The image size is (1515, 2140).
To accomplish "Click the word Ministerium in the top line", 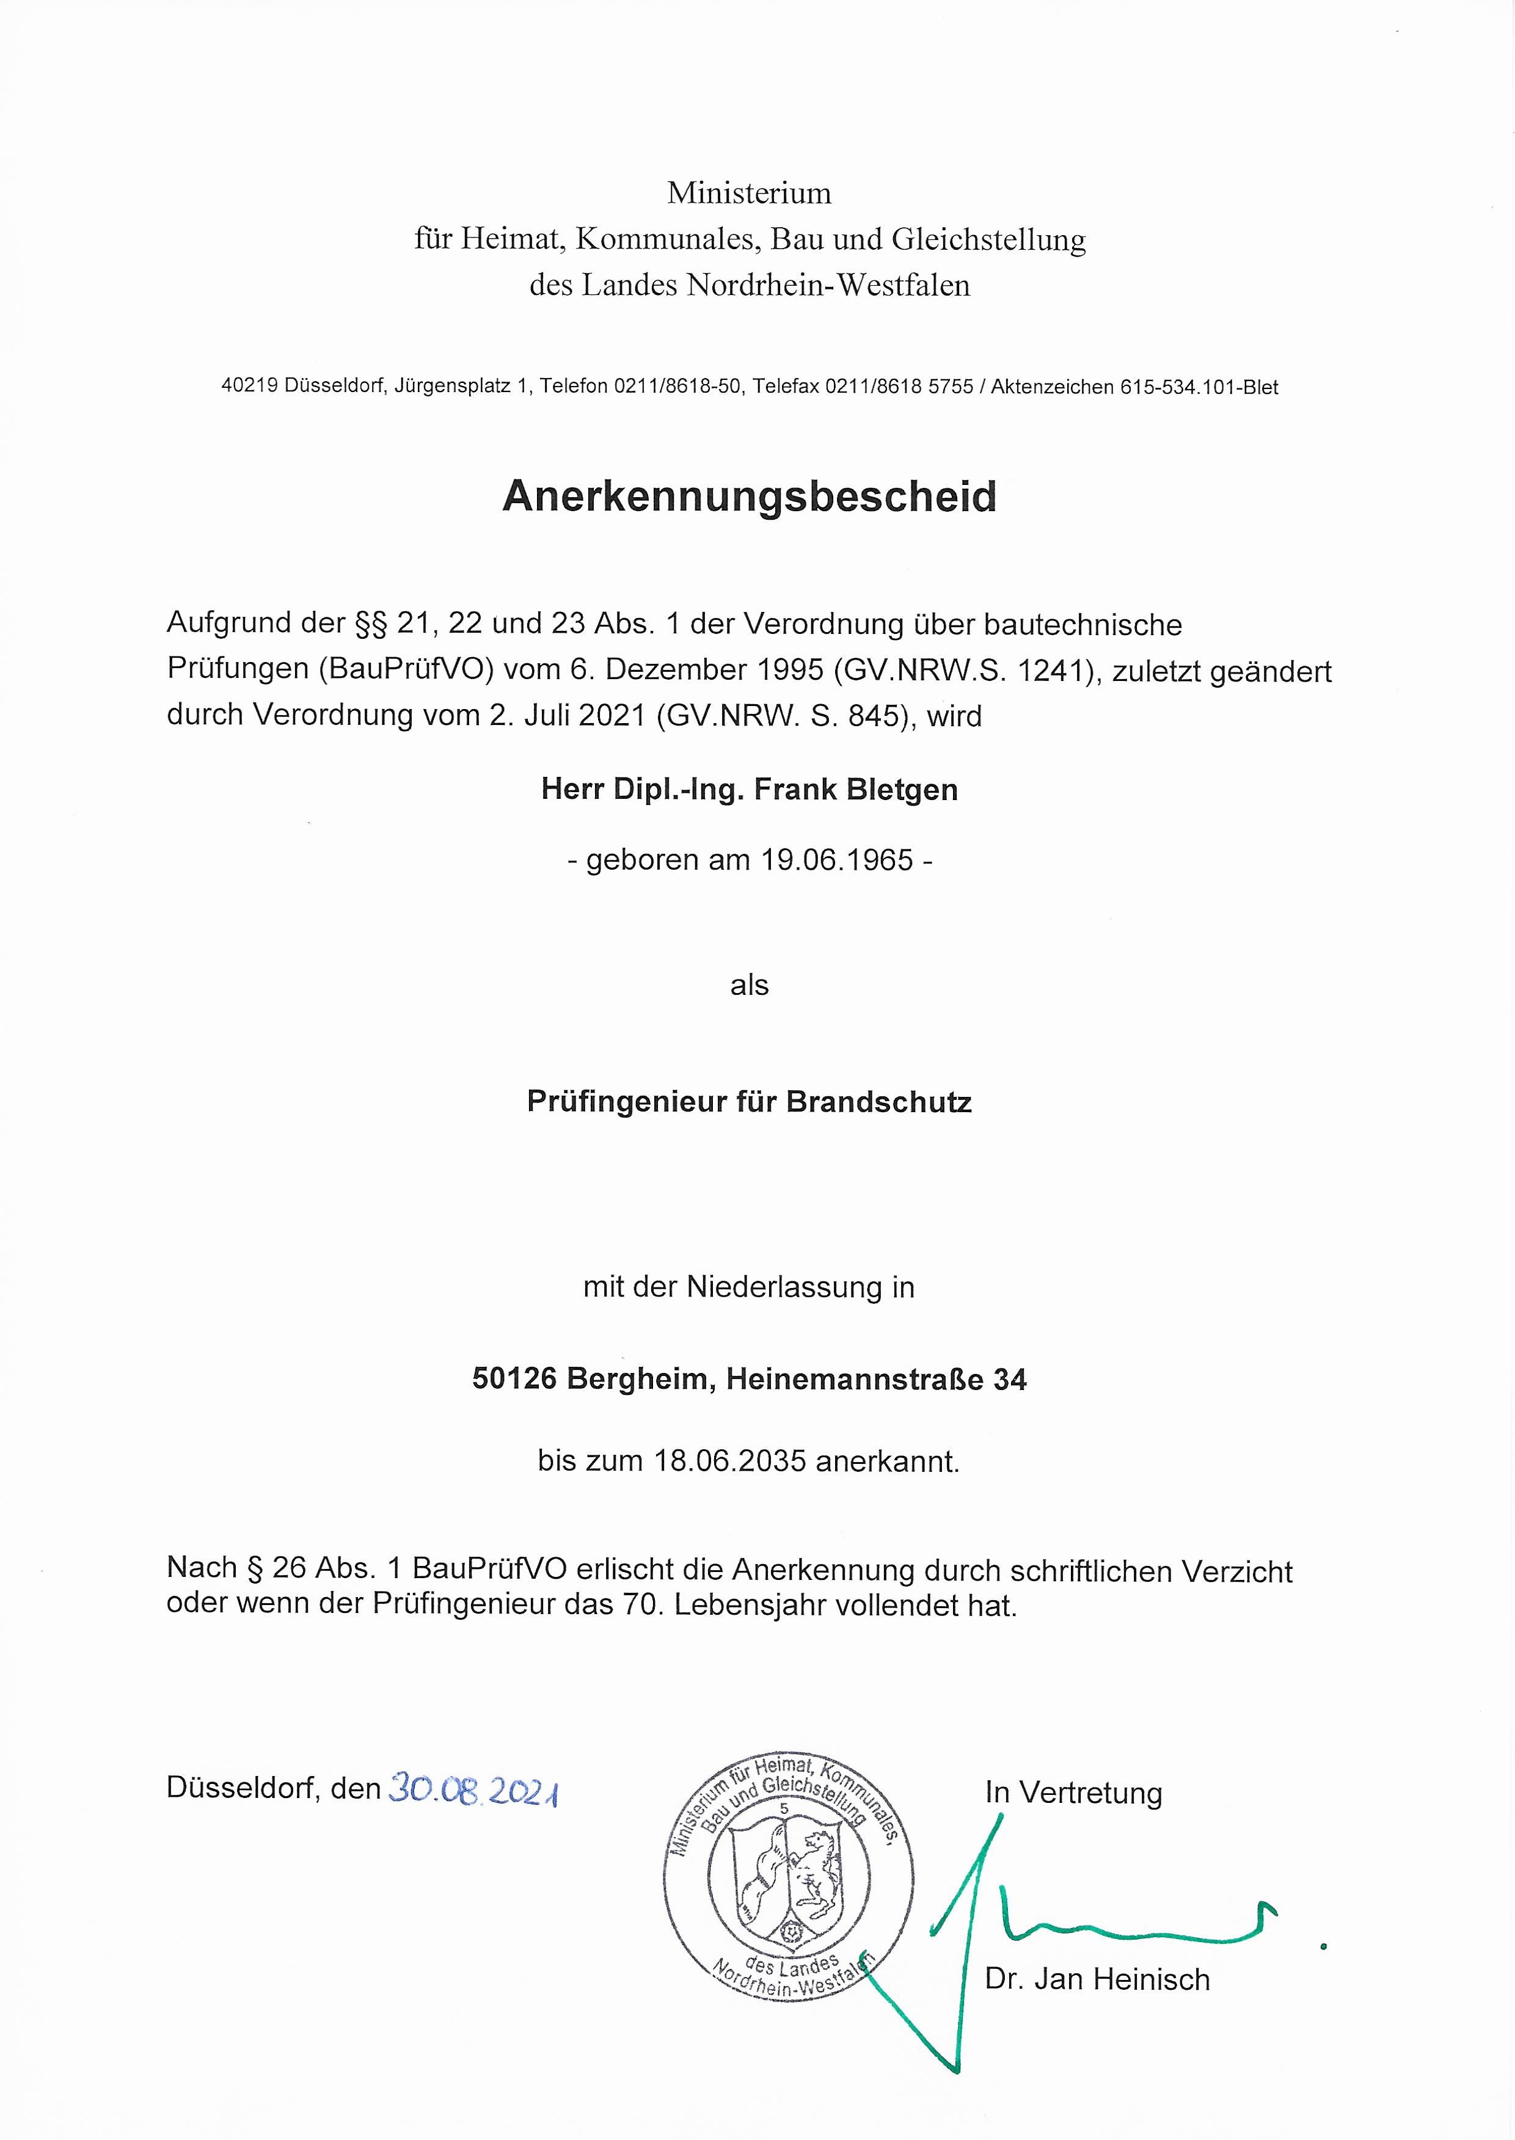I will coord(749,193).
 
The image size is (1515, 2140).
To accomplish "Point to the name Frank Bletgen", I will coord(855,790).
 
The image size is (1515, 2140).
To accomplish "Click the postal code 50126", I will coord(514,1379).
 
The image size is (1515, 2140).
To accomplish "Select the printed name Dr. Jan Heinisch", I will coord(1097,1979).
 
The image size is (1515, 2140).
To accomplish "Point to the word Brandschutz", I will coord(879,1102).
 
